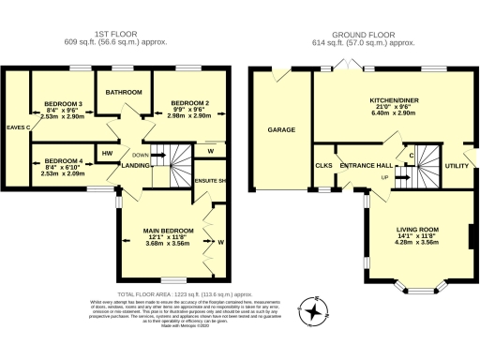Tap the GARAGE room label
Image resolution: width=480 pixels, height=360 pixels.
276,130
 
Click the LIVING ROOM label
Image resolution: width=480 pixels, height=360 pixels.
417,229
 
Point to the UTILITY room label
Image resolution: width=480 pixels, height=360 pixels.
457,165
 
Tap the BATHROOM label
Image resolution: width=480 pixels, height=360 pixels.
124,93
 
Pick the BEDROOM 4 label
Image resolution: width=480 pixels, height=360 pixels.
64,160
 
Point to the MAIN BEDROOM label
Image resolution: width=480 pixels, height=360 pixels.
169,231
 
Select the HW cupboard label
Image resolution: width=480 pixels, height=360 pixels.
107,153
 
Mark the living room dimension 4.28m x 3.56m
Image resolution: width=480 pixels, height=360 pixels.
417,243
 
